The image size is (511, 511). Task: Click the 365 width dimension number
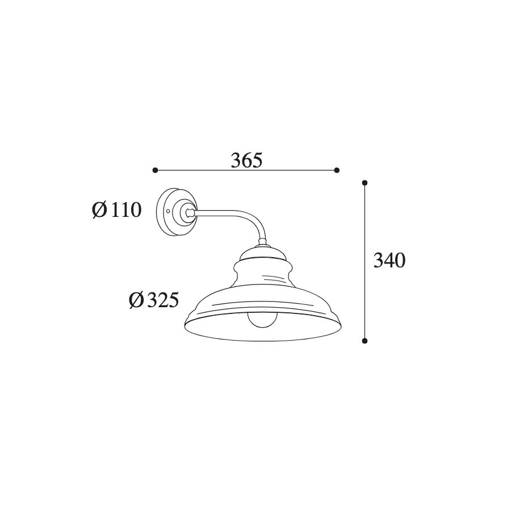click(246, 160)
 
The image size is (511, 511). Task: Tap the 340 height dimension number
click(389, 260)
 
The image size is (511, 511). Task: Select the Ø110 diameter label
click(116, 210)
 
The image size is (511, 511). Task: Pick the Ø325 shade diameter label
click(154, 300)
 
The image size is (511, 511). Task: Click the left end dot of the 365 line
click(155, 170)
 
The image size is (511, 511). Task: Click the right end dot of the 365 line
click(337, 170)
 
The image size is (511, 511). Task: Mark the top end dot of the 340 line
click(365, 182)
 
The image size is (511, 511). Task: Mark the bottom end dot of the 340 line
click(365, 341)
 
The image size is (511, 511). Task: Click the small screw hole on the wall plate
click(168, 211)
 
